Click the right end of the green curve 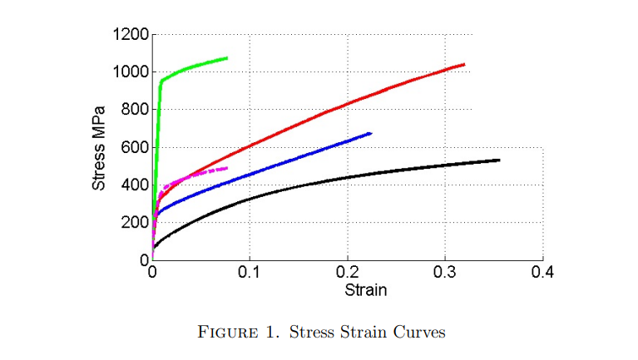227,58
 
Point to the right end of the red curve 463,64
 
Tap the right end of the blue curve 370,133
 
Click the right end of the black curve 499,160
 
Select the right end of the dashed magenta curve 226,168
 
